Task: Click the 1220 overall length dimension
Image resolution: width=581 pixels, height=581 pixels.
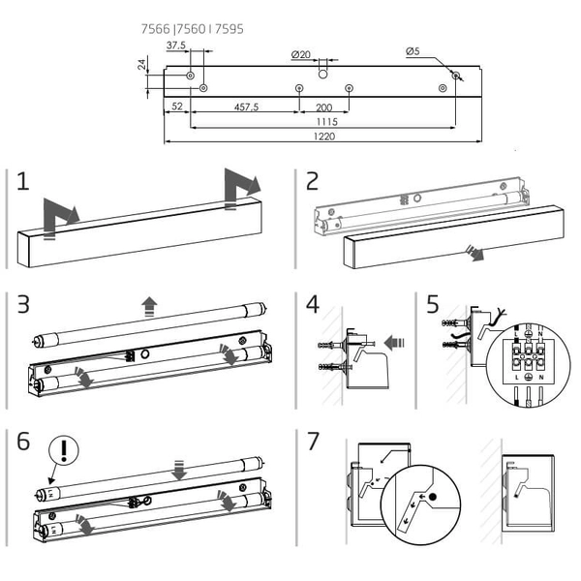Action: point(323,137)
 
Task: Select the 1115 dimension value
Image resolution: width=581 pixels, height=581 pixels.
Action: point(324,122)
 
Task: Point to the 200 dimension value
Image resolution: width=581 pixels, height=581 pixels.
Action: point(324,107)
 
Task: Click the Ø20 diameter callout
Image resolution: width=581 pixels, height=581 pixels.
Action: point(300,54)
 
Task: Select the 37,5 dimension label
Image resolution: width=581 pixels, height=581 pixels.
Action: point(176,46)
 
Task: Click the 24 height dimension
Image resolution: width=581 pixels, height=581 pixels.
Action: point(141,65)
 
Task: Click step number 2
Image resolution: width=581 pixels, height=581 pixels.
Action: point(312,181)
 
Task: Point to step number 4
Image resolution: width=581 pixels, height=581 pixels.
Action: point(312,304)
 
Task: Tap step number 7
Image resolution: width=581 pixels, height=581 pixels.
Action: point(312,442)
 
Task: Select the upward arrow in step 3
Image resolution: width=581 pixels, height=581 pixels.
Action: point(149,308)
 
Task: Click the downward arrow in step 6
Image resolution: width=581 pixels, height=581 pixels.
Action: point(178,470)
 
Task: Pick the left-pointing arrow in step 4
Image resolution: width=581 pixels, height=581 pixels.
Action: point(393,341)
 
